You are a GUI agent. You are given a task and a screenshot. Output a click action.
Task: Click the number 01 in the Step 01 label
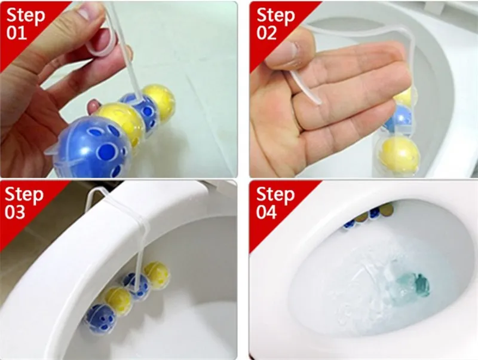click(x=17, y=33)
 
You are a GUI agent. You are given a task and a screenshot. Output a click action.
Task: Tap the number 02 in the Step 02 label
click(x=266, y=33)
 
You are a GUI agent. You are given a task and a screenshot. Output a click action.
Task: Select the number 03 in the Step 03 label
click(x=15, y=212)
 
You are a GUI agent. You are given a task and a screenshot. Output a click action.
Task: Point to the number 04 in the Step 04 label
click(x=266, y=212)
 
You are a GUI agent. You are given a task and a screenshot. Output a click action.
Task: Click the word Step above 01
click(x=26, y=16)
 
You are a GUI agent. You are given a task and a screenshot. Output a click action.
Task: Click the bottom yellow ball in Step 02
click(x=400, y=155)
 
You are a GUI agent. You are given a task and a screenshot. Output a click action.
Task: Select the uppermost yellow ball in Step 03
click(x=157, y=272)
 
